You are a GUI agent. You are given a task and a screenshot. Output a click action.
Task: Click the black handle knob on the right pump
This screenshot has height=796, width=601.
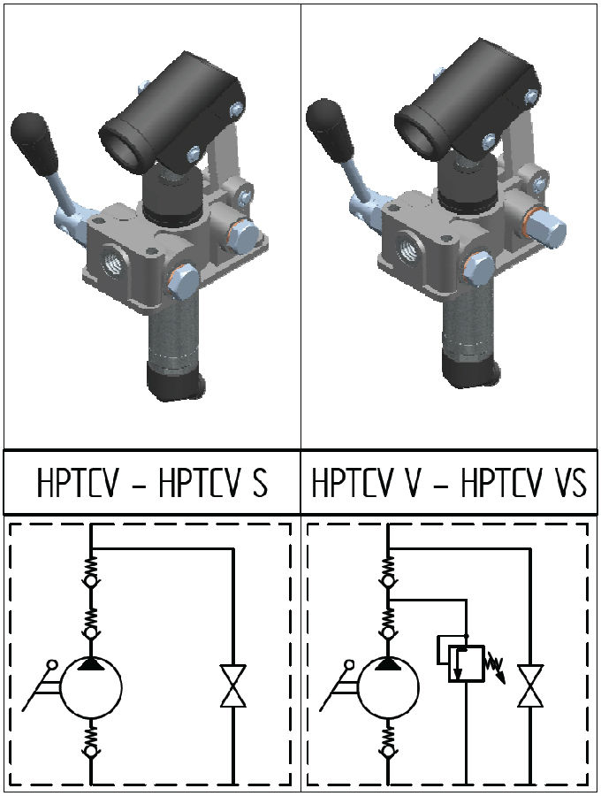tap(324, 126)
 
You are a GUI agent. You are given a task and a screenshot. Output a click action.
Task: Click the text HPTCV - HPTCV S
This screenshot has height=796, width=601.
tap(152, 484)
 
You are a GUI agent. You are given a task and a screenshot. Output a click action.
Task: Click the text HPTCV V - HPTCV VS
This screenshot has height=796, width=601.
tap(449, 484)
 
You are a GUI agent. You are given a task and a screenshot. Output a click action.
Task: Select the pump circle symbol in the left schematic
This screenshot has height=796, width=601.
tap(90, 689)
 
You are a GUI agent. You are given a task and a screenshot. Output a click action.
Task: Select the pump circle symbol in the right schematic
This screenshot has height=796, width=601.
tap(387, 689)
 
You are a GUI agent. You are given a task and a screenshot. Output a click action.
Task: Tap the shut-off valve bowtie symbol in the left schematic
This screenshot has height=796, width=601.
tap(233, 686)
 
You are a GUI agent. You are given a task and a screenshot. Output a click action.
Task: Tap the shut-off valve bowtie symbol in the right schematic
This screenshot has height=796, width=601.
tap(530, 686)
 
